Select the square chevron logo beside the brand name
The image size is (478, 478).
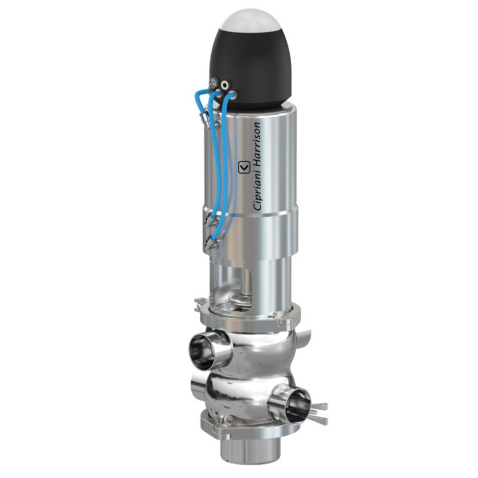click(243, 167)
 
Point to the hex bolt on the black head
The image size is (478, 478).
click(213, 84)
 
